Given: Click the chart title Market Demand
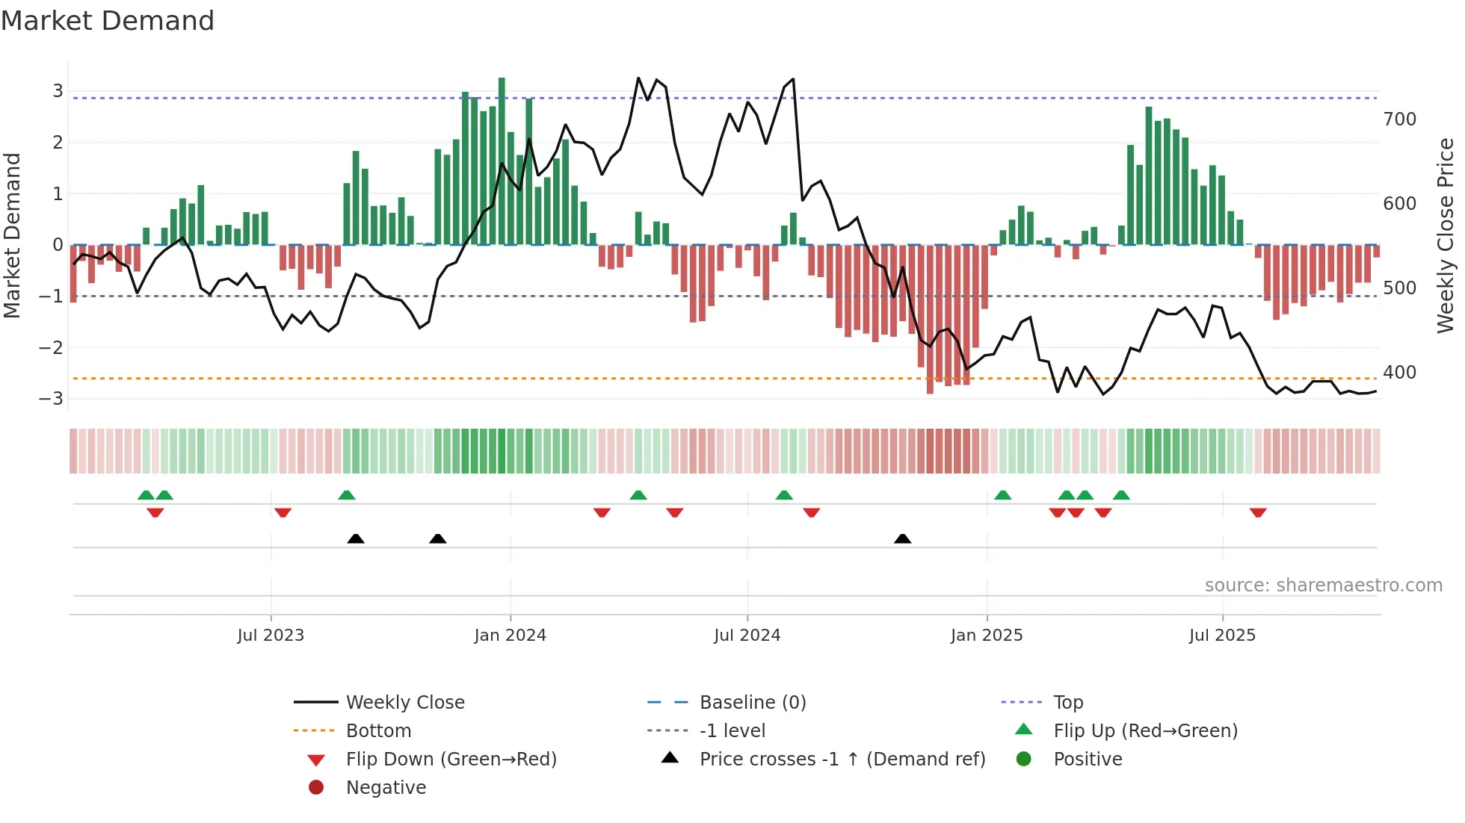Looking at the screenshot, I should point(108,20).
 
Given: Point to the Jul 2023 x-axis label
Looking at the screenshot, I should point(271,636).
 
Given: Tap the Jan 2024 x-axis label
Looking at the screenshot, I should point(510,636).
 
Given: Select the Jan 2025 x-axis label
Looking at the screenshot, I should point(986,636).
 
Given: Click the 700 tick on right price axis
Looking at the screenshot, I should point(1399,119).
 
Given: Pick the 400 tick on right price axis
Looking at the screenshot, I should point(1399,372).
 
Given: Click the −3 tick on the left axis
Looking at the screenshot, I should point(51,398).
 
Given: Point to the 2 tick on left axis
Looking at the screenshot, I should point(58,142).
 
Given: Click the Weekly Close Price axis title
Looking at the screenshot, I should point(1446,235).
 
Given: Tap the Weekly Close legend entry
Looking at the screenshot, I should point(404,702).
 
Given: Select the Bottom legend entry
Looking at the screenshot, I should point(378,730).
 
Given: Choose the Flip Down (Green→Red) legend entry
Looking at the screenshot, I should point(451,759).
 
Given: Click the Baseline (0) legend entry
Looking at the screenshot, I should point(752,702).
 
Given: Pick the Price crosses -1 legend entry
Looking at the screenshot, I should point(842,759).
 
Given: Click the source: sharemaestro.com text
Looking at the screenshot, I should point(1323,585).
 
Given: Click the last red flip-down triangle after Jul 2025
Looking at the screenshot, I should point(1258,512).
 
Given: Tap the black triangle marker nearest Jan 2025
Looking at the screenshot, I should point(902,538).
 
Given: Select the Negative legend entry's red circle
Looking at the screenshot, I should point(316,787).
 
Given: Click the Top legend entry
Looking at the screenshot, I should point(1067,702).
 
